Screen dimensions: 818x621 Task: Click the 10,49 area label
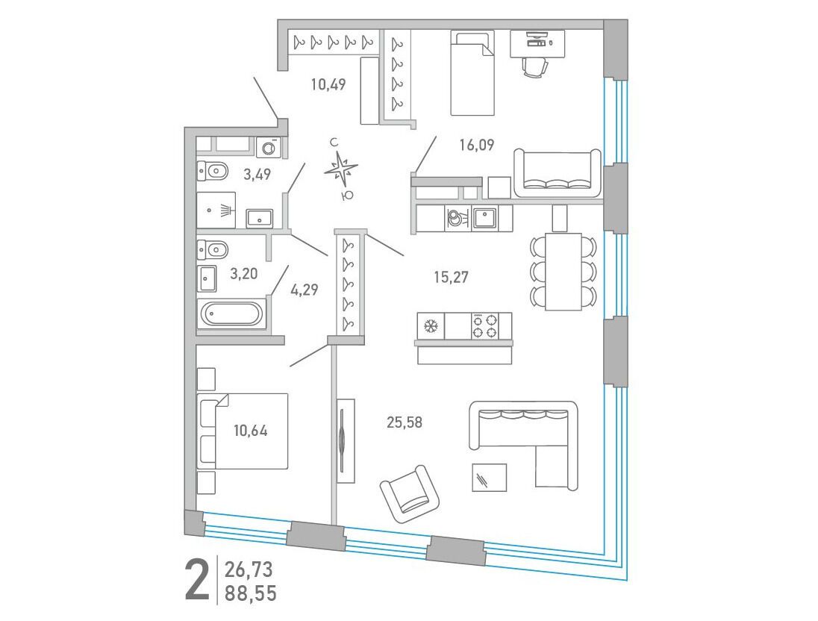click(328, 84)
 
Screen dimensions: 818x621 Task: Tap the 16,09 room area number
click(477, 145)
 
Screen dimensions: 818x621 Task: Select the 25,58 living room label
click(405, 422)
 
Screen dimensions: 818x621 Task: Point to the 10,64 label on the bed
click(251, 431)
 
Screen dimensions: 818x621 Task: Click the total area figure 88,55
click(251, 593)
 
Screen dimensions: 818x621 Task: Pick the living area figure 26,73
click(249, 569)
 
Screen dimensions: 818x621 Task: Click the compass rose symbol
click(340, 169)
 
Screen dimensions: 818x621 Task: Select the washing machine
click(269, 147)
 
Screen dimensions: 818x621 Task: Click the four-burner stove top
click(484, 326)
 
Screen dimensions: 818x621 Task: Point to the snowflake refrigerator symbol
click(431, 327)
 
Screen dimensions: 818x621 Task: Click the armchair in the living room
click(410, 493)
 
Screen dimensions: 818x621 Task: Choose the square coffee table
click(490, 478)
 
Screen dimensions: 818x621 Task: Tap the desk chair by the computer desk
click(534, 66)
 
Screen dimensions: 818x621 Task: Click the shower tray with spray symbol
click(216, 210)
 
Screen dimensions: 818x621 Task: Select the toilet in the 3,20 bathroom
click(213, 249)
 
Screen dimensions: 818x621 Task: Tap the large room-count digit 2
click(198, 580)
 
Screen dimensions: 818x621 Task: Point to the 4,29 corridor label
click(305, 290)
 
